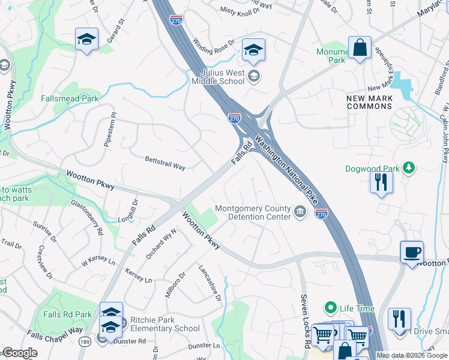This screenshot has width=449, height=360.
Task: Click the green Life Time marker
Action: click(x=330, y=308)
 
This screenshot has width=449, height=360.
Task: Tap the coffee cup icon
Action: click(x=411, y=253)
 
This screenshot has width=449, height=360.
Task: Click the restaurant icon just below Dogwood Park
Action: click(x=381, y=181)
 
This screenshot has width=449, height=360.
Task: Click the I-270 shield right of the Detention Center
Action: click(x=321, y=214)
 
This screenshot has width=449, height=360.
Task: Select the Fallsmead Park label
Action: click(x=69, y=98)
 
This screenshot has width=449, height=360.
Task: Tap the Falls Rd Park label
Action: click(x=67, y=314)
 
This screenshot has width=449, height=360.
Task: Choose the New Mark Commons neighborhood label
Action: click(x=369, y=102)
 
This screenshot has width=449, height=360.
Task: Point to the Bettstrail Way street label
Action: click(x=165, y=163)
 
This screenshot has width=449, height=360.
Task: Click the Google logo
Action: click(x=20, y=353)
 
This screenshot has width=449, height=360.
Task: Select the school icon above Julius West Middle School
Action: click(x=253, y=51)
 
